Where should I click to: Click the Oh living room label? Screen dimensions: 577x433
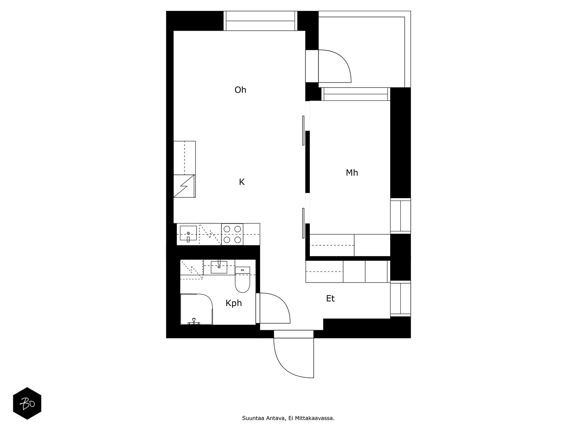[x=240, y=90]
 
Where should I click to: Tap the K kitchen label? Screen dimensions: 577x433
[x=242, y=182]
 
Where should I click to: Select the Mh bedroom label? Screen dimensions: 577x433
[x=352, y=173]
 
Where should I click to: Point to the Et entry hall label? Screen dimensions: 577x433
[x=330, y=298]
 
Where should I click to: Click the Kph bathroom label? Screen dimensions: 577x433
[x=233, y=303]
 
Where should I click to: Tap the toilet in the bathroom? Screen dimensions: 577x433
[x=242, y=279]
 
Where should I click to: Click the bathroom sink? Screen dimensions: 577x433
[x=219, y=267]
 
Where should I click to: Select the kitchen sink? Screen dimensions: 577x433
[x=188, y=233]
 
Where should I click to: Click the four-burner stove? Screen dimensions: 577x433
[x=232, y=234]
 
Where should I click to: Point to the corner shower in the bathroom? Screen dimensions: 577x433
[x=197, y=309]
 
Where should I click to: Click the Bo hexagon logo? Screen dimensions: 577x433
[x=27, y=403]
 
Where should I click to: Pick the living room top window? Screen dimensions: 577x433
[x=260, y=21]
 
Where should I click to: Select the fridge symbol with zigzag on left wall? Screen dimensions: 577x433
[x=184, y=186]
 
